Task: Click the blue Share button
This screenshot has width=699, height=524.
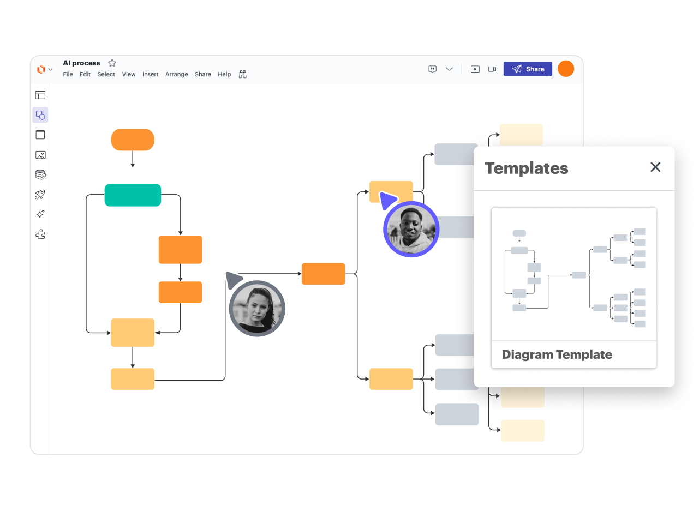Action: click(x=528, y=69)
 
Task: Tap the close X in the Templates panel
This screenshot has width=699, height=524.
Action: click(x=655, y=167)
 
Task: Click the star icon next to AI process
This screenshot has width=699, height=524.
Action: click(x=112, y=63)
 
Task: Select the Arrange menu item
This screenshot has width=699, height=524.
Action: click(x=176, y=75)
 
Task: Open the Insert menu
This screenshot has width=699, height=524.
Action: click(x=150, y=75)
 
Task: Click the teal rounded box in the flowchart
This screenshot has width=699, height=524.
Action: click(x=133, y=195)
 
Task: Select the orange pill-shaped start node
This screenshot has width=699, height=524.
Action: click(x=133, y=140)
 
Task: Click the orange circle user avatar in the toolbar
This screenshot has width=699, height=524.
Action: click(x=566, y=69)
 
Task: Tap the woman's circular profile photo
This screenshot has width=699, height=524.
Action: click(x=257, y=309)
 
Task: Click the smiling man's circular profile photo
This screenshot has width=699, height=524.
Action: click(x=411, y=230)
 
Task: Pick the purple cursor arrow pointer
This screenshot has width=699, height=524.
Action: click(x=387, y=200)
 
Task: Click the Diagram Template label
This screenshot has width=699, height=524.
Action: click(x=557, y=355)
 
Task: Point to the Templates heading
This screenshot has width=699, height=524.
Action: click(x=527, y=168)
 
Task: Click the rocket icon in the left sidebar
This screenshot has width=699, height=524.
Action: click(x=40, y=195)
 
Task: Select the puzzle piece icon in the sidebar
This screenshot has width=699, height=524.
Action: click(x=40, y=234)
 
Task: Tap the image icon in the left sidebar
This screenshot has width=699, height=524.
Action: click(x=40, y=155)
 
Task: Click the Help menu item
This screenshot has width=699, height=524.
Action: click(x=224, y=75)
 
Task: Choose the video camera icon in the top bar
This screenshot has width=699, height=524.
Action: click(x=492, y=69)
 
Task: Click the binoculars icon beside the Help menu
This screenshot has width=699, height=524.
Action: click(x=243, y=75)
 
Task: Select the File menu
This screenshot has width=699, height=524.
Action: click(x=68, y=75)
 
